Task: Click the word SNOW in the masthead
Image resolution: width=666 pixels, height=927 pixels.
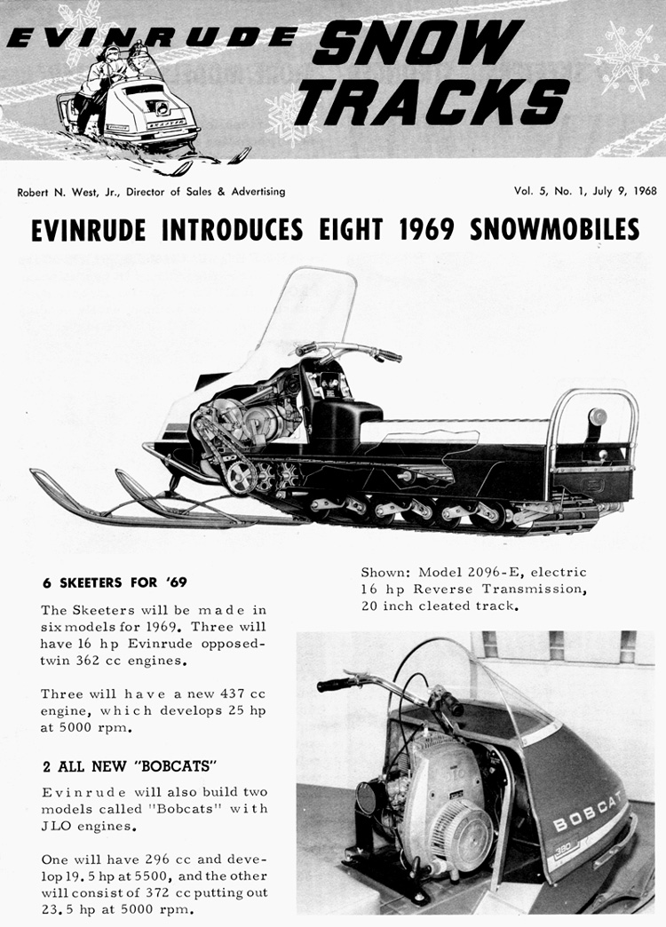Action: click(x=417, y=42)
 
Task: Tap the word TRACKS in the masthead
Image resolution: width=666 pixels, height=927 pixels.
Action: click(x=432, y=100)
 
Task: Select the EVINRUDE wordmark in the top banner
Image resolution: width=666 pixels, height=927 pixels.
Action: click(x=152, y=37)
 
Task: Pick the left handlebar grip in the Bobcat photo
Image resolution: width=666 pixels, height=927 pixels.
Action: click(x=337, y=685)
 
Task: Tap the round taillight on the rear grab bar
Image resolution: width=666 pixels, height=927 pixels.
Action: click(x=598, y=416)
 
